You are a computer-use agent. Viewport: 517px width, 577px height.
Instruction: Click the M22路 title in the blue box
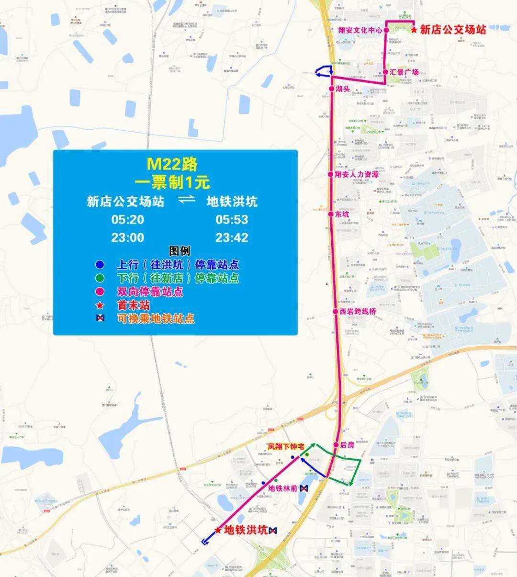tap(172, 164)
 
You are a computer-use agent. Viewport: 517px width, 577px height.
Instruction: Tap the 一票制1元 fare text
tap(172, 182)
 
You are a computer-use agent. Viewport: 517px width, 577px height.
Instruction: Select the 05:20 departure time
tap(127, 220)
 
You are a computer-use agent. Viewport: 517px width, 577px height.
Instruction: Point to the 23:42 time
tap(232, 238)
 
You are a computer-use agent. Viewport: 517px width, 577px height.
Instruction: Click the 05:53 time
tap(232, 220)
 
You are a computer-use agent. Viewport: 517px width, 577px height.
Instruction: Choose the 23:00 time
tap(127, 238)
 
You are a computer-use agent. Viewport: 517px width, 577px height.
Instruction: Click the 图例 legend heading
tap(180, 251)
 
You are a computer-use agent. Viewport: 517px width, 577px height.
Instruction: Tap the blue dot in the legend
tap(100, 264)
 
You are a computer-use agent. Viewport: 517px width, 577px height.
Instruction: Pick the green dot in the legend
tap(100, 278)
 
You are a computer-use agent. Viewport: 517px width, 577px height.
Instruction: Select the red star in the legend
tap(100, 305)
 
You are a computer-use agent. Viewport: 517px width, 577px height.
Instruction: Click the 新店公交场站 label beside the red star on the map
tap(453, 30)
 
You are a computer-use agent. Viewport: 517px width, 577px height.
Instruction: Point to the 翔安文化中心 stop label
tap(360, 30)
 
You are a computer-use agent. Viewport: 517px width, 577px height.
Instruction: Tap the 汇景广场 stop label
tap(404, 72)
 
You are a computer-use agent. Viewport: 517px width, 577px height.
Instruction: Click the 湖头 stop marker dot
tap(331, 89)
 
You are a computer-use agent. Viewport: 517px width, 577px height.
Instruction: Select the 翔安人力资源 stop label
tap(357, 174)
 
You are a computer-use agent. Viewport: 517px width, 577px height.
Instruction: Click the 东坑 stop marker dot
tap(331, 214)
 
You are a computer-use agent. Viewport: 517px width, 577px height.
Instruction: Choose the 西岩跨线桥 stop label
tap(358, 311)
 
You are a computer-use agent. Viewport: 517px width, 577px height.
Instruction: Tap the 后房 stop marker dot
tap(336, 445)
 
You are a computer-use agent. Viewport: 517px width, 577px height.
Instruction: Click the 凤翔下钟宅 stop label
tap(286, 446)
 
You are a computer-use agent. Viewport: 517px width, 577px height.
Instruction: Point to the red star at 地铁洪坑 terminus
tap(218, 530)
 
